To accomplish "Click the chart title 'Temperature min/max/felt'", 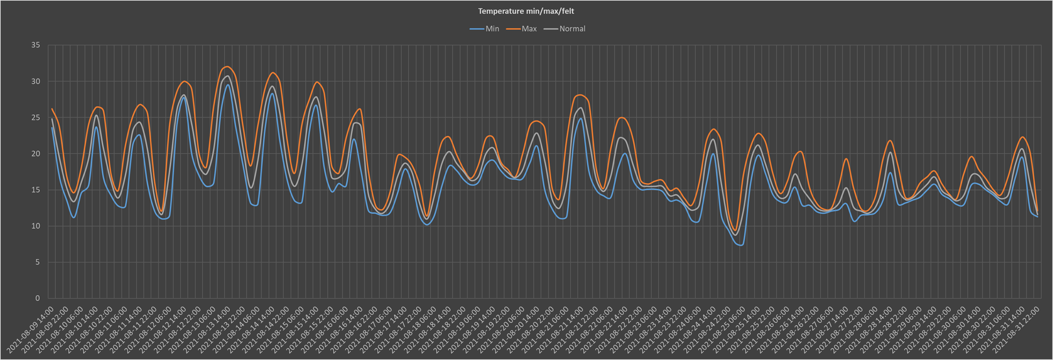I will pos(526,11).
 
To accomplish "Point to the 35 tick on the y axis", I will pos(35,45).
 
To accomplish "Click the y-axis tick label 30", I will pos(35,82).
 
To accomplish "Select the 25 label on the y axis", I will pos(35,118).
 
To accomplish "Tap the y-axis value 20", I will pos(35,154).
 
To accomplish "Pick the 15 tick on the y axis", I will pos(35,190).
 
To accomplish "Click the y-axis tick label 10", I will pos(35,226).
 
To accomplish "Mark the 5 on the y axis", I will pos(38,262).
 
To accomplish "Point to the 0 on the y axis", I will pos(38,298).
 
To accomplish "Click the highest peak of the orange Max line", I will pos(227,67).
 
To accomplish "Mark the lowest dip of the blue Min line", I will pos(742,245).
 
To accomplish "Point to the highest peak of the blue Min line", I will pos(228,85).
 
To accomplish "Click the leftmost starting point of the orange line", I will pos(52,109).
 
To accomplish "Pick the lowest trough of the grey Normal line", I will pos(736,235).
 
